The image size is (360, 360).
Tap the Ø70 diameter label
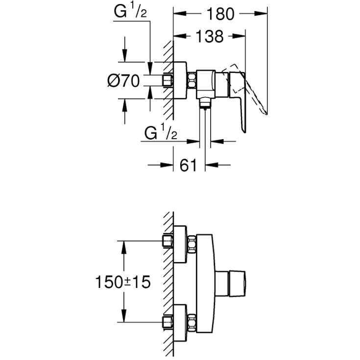pos(124,80)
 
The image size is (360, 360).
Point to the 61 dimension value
pos(189,165)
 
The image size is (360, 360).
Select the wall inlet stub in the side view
pos(168,80)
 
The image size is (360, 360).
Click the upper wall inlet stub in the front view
pos(168,241)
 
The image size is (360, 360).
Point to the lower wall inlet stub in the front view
pos(168,322)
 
